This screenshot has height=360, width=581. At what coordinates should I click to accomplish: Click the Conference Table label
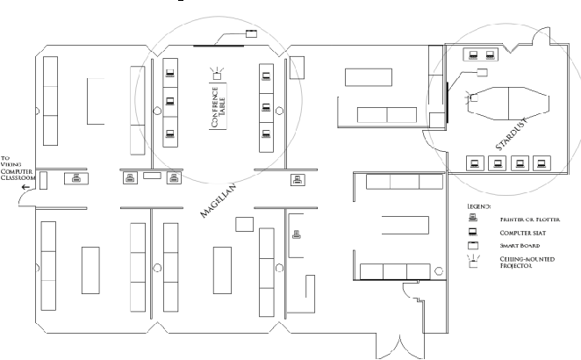pos(219,107)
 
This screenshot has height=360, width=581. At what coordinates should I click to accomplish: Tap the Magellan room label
pos(218,200)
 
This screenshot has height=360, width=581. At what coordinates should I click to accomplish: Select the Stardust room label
pos(511,134)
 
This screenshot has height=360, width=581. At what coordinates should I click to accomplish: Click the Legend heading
pos(478,206)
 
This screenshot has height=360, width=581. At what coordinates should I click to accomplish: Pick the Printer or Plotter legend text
pos(530,220)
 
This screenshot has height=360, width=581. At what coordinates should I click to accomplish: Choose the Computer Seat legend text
pos(522,233)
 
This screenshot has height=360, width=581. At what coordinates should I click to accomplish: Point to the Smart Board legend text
pos(520,246)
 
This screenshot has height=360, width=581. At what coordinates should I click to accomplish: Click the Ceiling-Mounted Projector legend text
pos(527,263)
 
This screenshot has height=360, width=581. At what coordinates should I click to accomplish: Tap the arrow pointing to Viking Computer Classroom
pos(25,187)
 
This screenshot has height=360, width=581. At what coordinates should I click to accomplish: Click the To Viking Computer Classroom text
pos(18,168)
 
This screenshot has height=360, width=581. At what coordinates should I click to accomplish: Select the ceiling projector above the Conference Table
pos(217,74)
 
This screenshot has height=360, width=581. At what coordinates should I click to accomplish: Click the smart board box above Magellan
pos(251,33)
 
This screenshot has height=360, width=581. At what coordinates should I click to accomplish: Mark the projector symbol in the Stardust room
pos(471,97)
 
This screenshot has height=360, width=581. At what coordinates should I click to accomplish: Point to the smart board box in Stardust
pos(482,72)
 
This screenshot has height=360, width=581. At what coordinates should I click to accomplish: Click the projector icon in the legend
pos(473,261)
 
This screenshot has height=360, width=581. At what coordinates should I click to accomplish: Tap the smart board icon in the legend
pos(473,246)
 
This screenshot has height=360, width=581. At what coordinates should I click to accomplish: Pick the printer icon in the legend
pos(473,218)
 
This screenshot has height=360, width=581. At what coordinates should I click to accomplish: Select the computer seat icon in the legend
pos(472,232)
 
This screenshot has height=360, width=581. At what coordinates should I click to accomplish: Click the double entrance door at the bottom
pos(400,347)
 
